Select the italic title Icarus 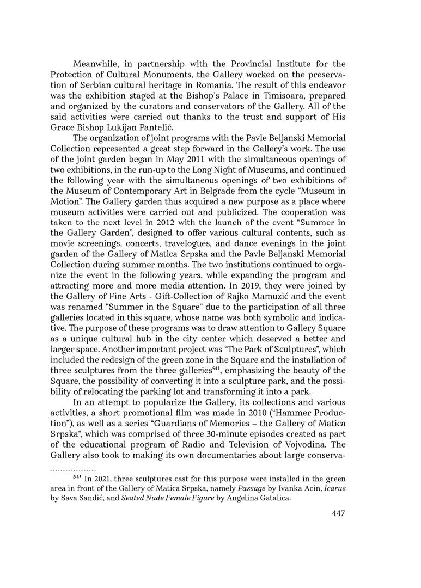click(x=334, y=488)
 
